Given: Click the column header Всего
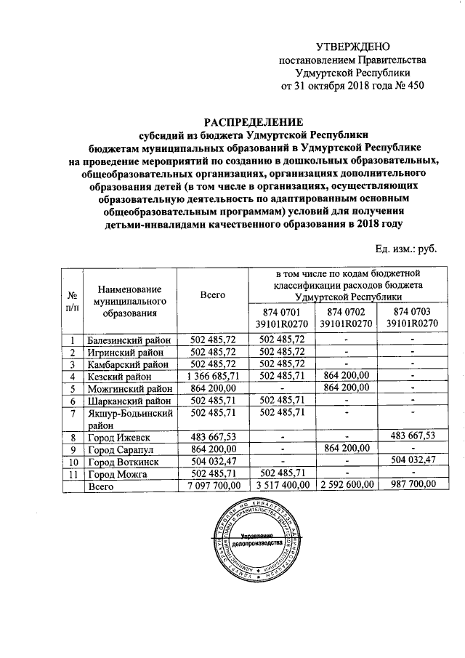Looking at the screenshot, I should pos(213,295).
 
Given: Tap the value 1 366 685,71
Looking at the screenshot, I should pos(213,377).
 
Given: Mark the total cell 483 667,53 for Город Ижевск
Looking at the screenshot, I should pos(213,437).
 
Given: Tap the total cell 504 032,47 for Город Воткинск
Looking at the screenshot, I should pos(213,462).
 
